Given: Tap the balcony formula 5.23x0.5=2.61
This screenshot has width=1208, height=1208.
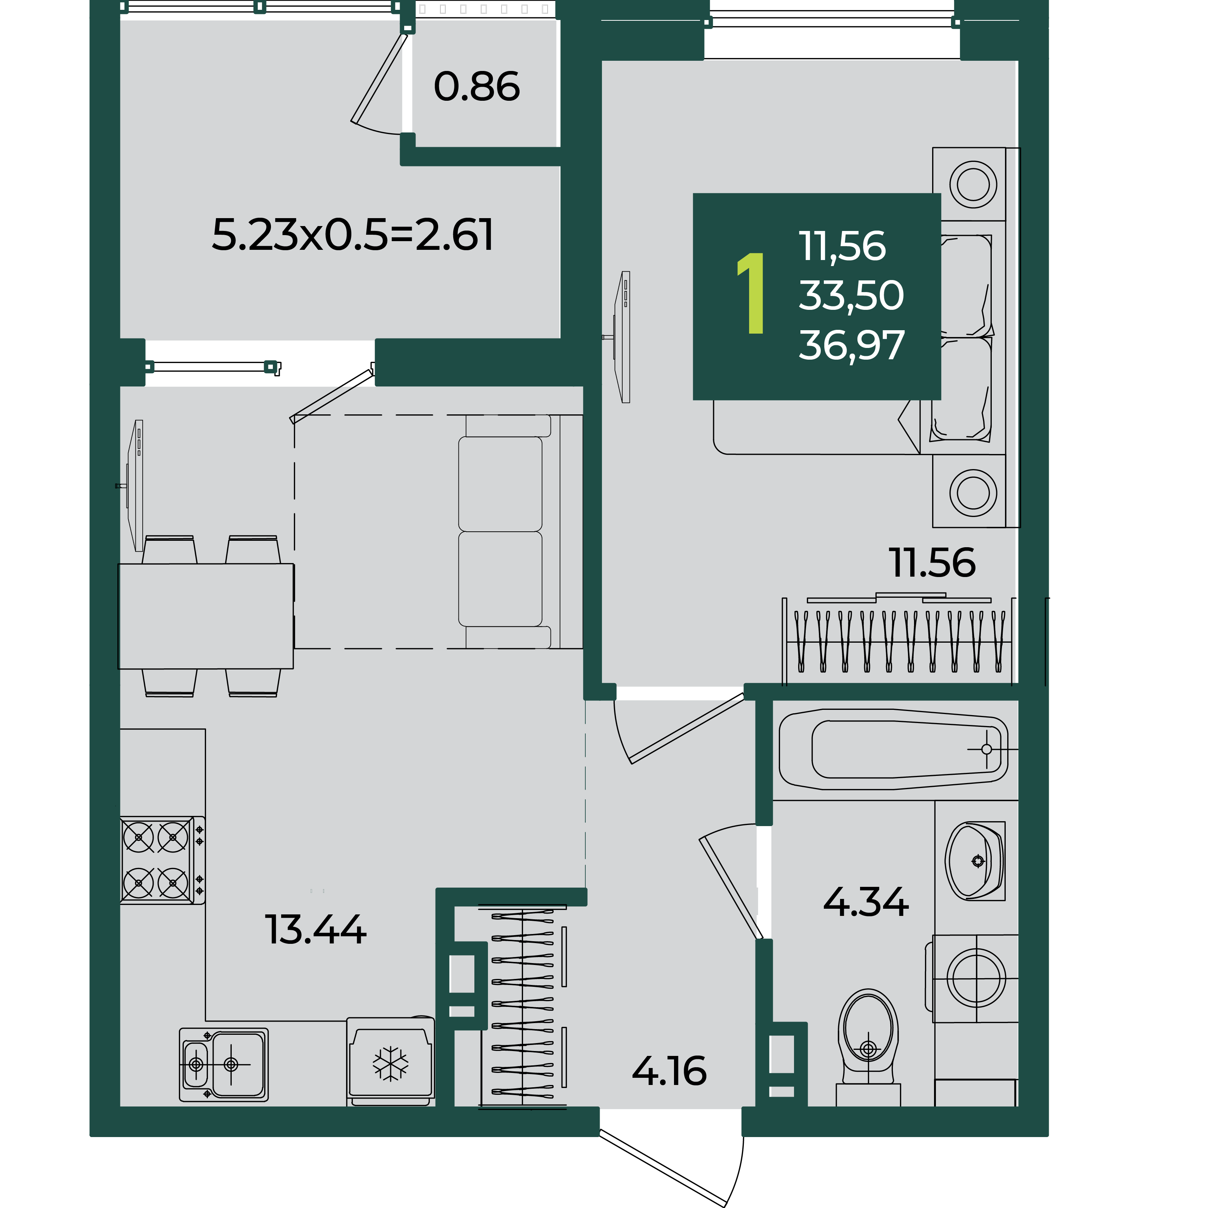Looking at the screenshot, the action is (x=352, y=235).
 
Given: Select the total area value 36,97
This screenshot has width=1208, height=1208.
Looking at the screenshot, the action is (x=851, y=345).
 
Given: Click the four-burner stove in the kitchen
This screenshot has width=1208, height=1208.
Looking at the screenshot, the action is (x=162, y=860).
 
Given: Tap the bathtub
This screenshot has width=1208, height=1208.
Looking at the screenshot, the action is (x=893, y=749).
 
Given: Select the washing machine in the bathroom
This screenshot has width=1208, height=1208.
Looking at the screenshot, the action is (x=976, y=978).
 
